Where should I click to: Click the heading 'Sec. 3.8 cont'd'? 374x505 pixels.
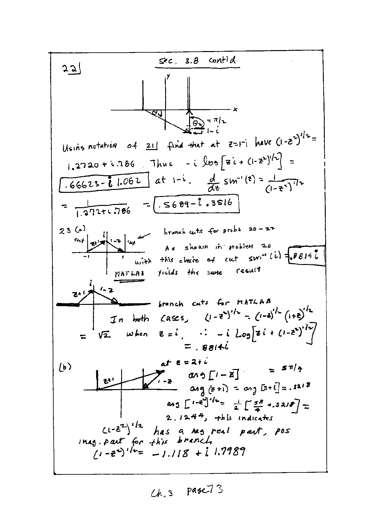pyautogui.click(x=197, y=61)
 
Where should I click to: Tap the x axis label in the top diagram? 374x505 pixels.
pyautogui.click(x=235, y=109)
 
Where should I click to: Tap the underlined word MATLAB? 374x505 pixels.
pyautogui.click(x=129, y=274)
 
